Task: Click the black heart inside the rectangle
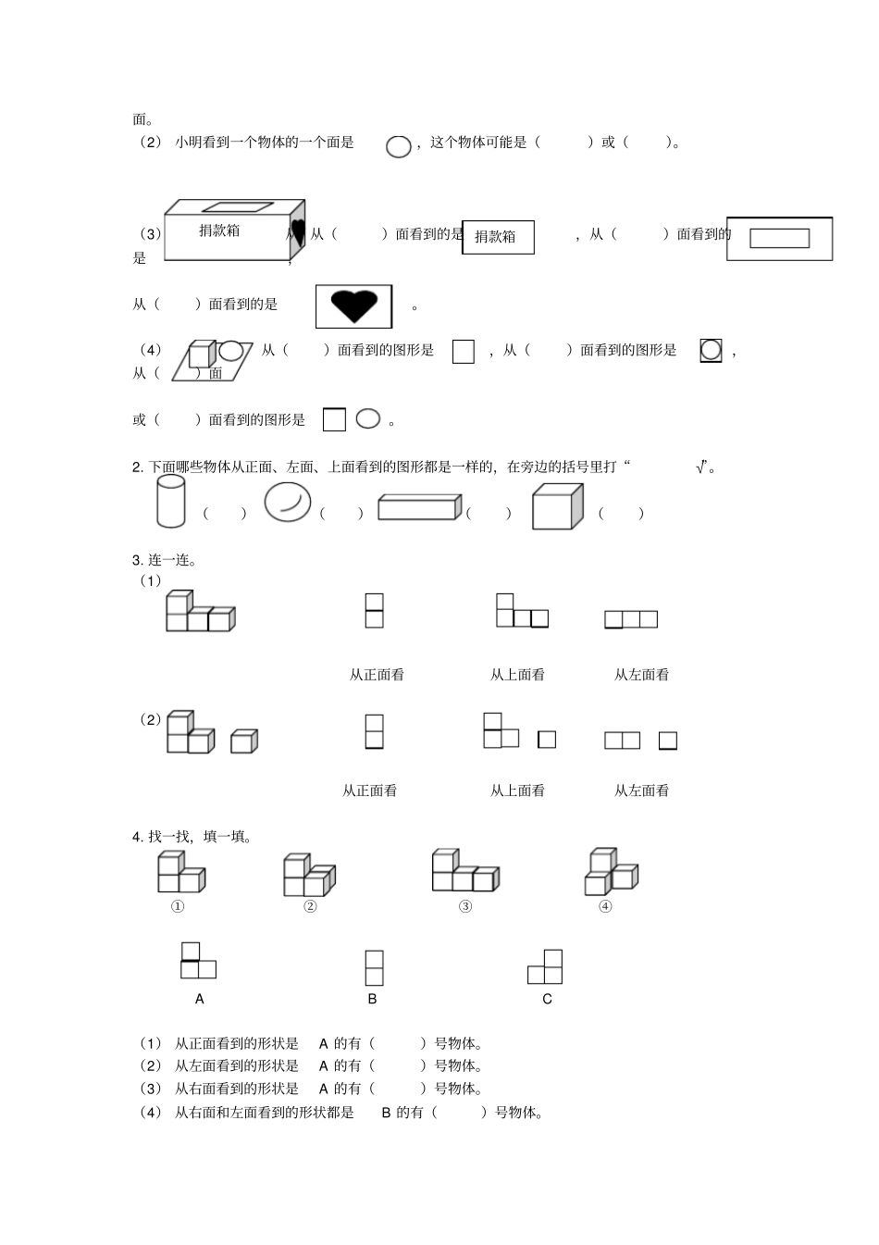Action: click(x=354, y=305)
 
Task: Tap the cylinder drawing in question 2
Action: click(x=171, y=504)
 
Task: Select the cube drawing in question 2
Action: click(x=557, y=507)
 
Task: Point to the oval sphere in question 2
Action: click(x=288, y=503)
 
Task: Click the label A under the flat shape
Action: click(x=200, y=999)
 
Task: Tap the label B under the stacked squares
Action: click(x=372, y=999)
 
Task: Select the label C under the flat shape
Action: click(x=547, y=999)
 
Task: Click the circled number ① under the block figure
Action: click(x=178, y=906)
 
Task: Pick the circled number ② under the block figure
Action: click(x=310, y=906)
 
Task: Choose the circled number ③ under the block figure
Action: click(x=465, y=906)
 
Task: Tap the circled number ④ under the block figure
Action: click(x=605, y=906)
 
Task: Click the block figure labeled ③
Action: click(x=464, y=871)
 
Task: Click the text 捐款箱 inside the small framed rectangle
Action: click(x=495, y=237)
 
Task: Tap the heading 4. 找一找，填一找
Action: click(x=192, y=837)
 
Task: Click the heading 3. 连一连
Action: click(x=165, y=560)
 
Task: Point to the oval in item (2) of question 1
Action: click(x=399, y=146)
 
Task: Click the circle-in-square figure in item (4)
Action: click(x=711, y=350)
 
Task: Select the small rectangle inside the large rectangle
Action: click(x=779, y=239)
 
